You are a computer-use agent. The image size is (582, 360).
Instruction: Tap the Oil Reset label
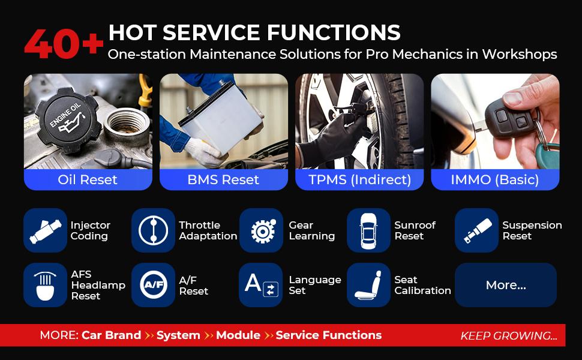(x=88, y=179)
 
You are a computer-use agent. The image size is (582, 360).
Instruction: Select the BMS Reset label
(x=223, y=179)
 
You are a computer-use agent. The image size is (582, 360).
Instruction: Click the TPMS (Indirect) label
(x=359, y=179)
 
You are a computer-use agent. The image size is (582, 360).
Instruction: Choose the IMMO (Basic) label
(x=495, y=179)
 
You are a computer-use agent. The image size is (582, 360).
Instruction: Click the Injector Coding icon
(x=45, y=230)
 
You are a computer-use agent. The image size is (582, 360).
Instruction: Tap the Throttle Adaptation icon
(x=153, y=230)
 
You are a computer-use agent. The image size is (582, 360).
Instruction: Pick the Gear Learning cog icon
(x=261, y=230)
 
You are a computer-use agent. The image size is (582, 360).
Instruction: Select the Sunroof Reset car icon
(x=368, y=230)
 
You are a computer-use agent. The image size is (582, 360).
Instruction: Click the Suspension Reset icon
(x=476, y=230)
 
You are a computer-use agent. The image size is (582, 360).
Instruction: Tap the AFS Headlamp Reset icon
(x=45, y=285)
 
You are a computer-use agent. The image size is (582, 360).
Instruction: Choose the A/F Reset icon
(x=153, y=285)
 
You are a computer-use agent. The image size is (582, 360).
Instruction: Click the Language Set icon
(x=261, y=285)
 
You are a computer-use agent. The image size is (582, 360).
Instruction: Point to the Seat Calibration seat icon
(x=368, y=285)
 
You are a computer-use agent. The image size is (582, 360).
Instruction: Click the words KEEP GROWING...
(x=509, y=335)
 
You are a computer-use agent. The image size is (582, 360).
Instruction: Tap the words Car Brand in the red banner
(x=111, y=335)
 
